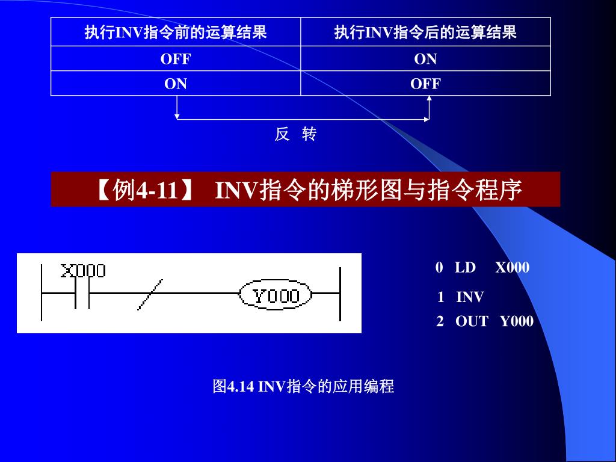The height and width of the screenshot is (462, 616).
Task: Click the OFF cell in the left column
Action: [x=175, y=59]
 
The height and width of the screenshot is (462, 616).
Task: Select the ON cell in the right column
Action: [x=425, y=59]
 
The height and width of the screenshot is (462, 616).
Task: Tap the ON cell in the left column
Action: [x=176, y=84]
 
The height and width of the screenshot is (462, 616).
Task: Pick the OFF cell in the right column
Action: [x=425, y=84]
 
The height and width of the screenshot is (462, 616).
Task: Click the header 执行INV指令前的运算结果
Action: [x=175, y=32]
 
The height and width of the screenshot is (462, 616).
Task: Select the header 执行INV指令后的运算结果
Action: [x=425, y=32]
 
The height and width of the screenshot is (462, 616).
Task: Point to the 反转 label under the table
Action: [x=295, y=135]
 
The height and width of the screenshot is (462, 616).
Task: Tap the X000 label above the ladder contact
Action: [x=83, y=271]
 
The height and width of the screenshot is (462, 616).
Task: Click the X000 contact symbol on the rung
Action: [x=82, y=295]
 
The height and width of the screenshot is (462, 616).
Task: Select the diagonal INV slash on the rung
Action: [x=150, y=295]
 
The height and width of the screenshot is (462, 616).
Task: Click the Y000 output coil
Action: [x=276, y=295]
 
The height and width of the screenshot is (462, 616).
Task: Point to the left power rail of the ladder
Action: [x=42, y=294]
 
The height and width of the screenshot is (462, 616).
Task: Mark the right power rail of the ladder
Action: [x=340, y=295]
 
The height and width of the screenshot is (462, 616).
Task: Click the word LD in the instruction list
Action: [x=465, y=268]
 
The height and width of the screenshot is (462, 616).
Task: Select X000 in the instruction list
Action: [x=513, y=268]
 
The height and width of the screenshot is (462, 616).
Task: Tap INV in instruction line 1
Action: [x=470, y=297]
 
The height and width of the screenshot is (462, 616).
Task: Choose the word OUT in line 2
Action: [x=472, y=321]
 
